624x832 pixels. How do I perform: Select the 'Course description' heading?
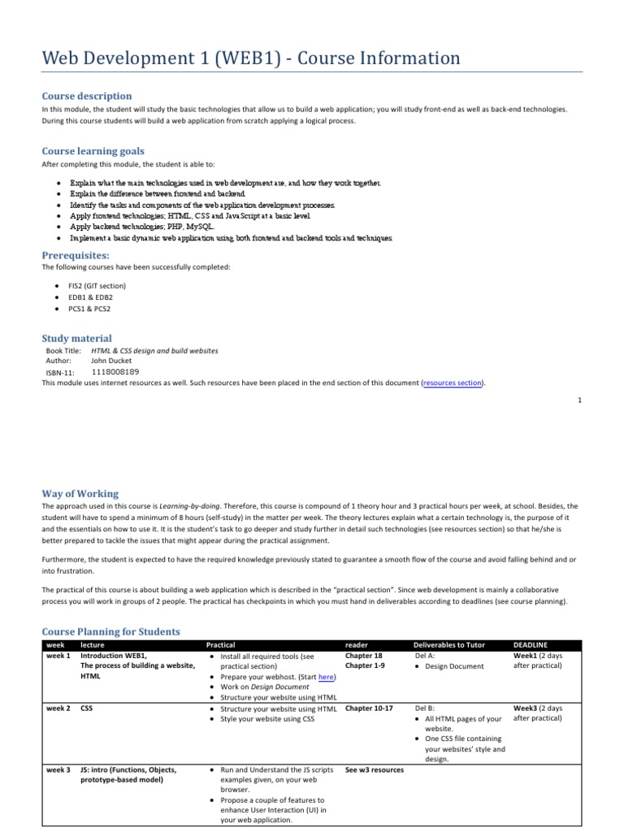(86, 96)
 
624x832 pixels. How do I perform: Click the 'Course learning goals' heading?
(93, 150)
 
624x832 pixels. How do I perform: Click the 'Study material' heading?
(76, 338)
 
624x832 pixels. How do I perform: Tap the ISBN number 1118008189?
(120, 372)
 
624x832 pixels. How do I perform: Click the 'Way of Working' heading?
(80, 493)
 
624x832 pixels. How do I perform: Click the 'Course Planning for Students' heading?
(111, 631)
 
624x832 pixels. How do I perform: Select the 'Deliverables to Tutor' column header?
(448, 644)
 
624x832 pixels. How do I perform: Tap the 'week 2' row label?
(58, 708)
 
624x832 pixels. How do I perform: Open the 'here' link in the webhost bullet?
(327, 676)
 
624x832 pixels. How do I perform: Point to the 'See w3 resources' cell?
(374, 769)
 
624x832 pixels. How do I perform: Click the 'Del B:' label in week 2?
(424, 708)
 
